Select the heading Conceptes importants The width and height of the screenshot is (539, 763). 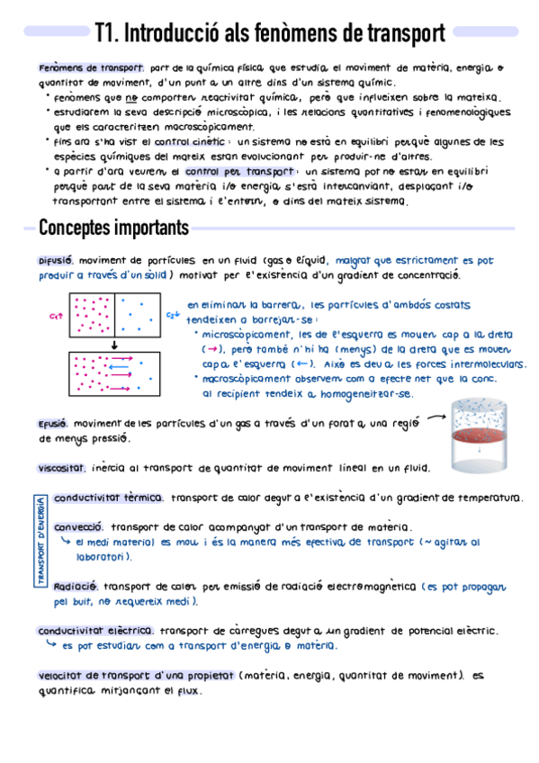coord(113,227)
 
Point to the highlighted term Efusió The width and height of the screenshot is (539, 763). coord(53,424)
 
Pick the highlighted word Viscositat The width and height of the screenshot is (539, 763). coord(62,468)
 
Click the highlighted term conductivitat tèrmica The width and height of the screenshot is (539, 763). coord(108,498)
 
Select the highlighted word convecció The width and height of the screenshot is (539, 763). coord(78,527)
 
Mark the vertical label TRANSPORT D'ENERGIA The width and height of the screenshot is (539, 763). coord(41,543)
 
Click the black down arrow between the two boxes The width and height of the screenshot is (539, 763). coord(114,345)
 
